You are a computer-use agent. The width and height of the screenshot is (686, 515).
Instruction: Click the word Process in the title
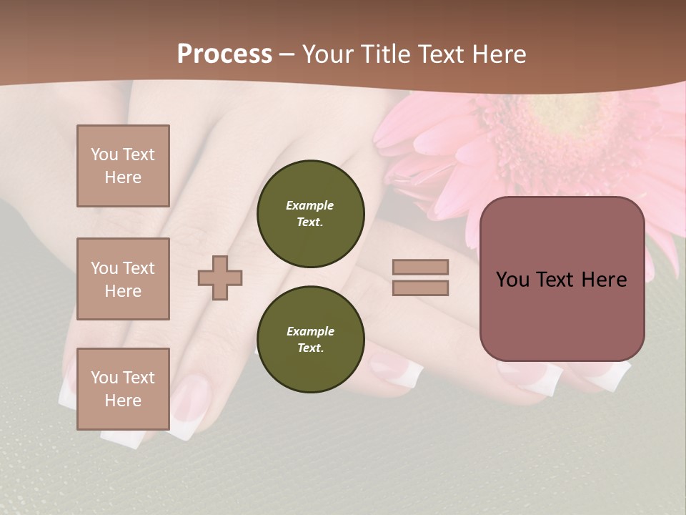224,54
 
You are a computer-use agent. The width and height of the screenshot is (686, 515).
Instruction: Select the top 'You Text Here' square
123,166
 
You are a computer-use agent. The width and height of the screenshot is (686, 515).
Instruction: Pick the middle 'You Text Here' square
123,279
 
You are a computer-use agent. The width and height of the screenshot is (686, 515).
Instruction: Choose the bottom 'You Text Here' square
123,389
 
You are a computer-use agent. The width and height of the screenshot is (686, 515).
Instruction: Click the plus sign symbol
220,278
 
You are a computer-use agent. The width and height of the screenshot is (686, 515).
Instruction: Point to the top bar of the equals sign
420,267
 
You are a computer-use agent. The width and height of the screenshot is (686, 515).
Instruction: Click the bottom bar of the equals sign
420,288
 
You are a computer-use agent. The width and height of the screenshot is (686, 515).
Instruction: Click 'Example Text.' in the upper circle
310,214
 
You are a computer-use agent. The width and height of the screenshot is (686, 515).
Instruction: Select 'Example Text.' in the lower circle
310,340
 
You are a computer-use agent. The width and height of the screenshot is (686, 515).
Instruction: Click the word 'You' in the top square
104,154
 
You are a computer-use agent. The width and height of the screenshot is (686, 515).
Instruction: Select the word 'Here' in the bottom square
123,401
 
